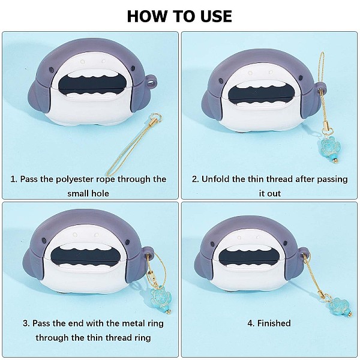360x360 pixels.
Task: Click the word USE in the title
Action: point(216,16)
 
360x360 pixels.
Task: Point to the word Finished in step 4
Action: point(274,323)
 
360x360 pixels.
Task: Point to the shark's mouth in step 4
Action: point(250,257)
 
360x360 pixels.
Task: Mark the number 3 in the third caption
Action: point(26,323)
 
